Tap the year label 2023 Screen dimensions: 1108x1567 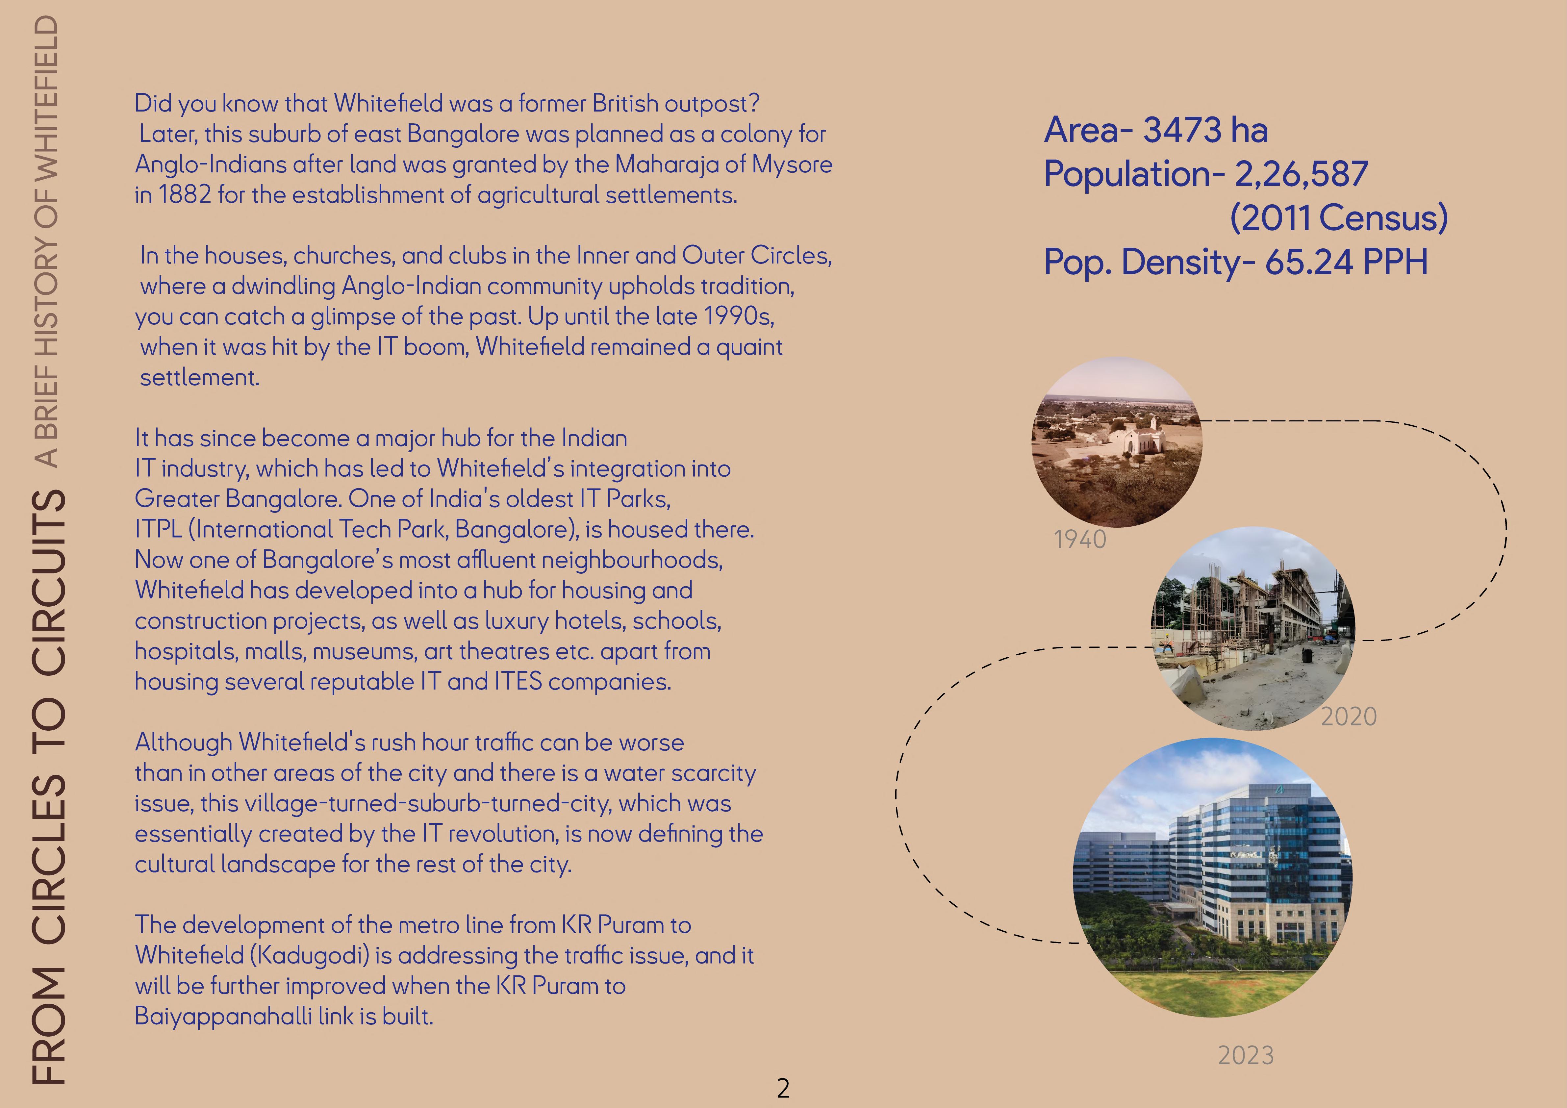[x=1246, y=1055]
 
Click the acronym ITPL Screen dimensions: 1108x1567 [x=158, y=529]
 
